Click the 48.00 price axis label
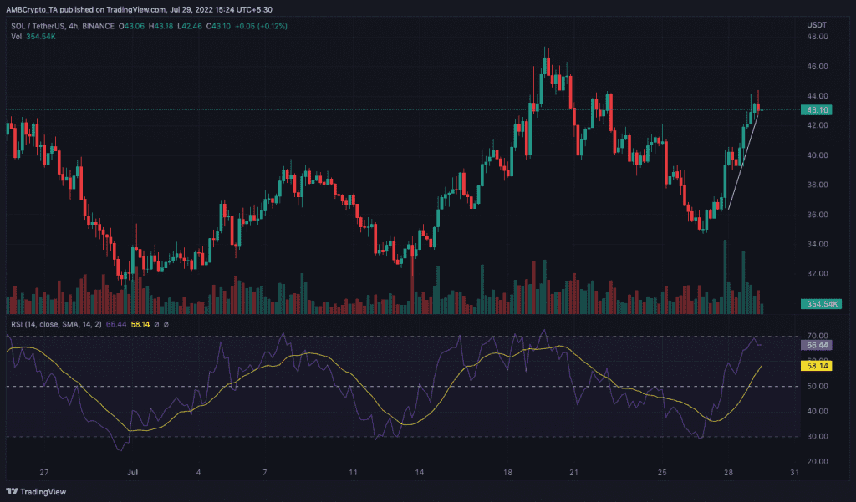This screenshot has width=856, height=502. [x=818, y=37]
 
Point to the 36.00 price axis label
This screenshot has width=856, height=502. [x=818, y=215]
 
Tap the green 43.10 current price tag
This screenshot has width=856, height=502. [x=817, y=110]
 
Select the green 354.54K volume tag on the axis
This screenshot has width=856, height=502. [x=821, y=304]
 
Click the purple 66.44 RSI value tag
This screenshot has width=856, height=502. [x=817, y=346]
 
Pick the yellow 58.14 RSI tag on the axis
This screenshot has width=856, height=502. [x=817, y=366]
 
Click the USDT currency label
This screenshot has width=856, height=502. [x=817, y=25]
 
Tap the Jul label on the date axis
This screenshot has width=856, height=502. [x=132, y=473]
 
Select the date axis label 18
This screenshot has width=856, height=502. [x=507, y=473]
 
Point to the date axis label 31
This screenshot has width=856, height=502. [x=794, y=473]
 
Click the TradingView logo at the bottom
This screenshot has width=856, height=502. [x=36, y=492]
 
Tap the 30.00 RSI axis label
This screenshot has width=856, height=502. [x=818, y=437]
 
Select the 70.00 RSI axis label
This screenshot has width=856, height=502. [x=818, y=336]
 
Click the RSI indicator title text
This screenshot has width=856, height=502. [x=56, y=324]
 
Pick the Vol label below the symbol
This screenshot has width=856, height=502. [x=17, y=37]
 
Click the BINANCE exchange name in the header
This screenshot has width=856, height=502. [x=99, y=26]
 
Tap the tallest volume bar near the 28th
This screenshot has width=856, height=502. [x=725, y=276]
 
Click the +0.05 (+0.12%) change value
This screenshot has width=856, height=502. [x=261, y=26]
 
